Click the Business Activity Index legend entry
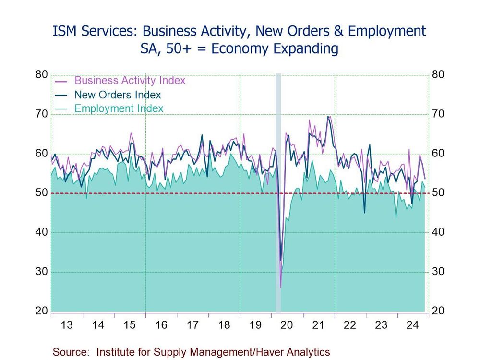coord(130,81)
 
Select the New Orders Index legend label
coord(118,95)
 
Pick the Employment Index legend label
coord(119,109)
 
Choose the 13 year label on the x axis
coord(67,325)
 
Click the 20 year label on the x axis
coord(287,325)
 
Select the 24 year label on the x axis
coord(412,325)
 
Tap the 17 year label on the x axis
coord(192,325)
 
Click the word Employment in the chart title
coord(386,32)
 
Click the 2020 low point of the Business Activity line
coord(281,287)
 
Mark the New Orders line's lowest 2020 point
coord(281,260)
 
